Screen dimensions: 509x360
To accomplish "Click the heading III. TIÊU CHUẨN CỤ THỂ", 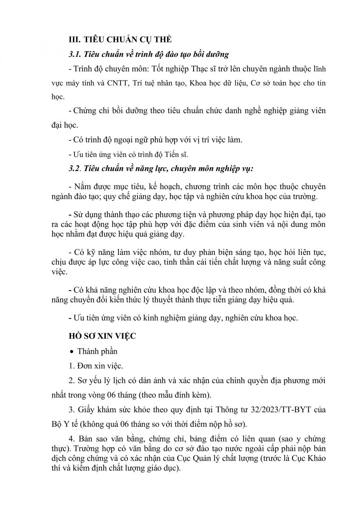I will click(x=120, y=39).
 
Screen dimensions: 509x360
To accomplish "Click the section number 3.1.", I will click(x=74, y=54).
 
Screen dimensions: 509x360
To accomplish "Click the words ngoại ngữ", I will click(x=127, y=140).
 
